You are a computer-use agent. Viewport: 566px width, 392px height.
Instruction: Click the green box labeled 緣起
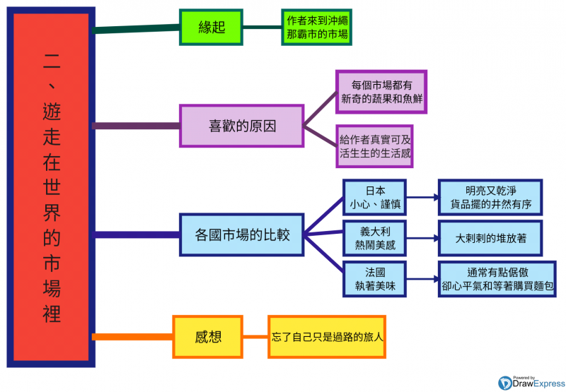(x=212, y=28)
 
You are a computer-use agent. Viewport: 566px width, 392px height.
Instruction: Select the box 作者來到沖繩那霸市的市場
(x=317, y=28)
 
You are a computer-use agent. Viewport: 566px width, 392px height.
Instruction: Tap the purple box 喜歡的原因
(x=241, y=126)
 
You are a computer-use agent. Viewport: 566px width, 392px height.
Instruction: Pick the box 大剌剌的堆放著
(x=490, y=238)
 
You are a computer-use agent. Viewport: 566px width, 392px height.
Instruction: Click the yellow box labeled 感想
(x=208, y=336)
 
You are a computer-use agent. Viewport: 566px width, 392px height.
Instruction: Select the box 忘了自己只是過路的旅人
(x=327, y=336)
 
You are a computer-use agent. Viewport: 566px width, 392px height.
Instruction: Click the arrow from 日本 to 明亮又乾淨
(x=422, y=198)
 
